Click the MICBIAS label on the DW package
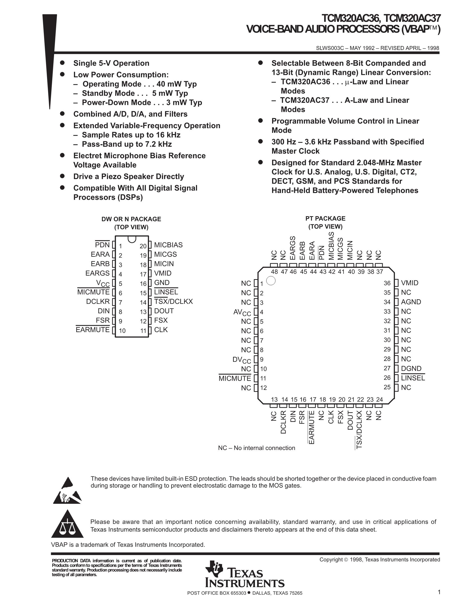(168, 245)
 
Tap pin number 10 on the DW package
(122, 331)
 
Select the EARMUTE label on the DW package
(93, 330)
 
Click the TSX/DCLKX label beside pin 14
(173, 302)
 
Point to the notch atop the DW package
(132, 239)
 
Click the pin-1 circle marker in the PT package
(271, 281)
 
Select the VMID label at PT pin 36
(410, 283)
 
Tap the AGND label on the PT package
(411, 302)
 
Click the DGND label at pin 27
(411, 368)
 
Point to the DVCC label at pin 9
(241, 359)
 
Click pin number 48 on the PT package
(274, 272)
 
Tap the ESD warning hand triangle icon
(67, 491)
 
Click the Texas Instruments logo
(244, 574)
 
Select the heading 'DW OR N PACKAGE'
(131, 219)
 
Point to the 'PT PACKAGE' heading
(325, 218)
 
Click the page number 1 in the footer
(439, 592)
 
